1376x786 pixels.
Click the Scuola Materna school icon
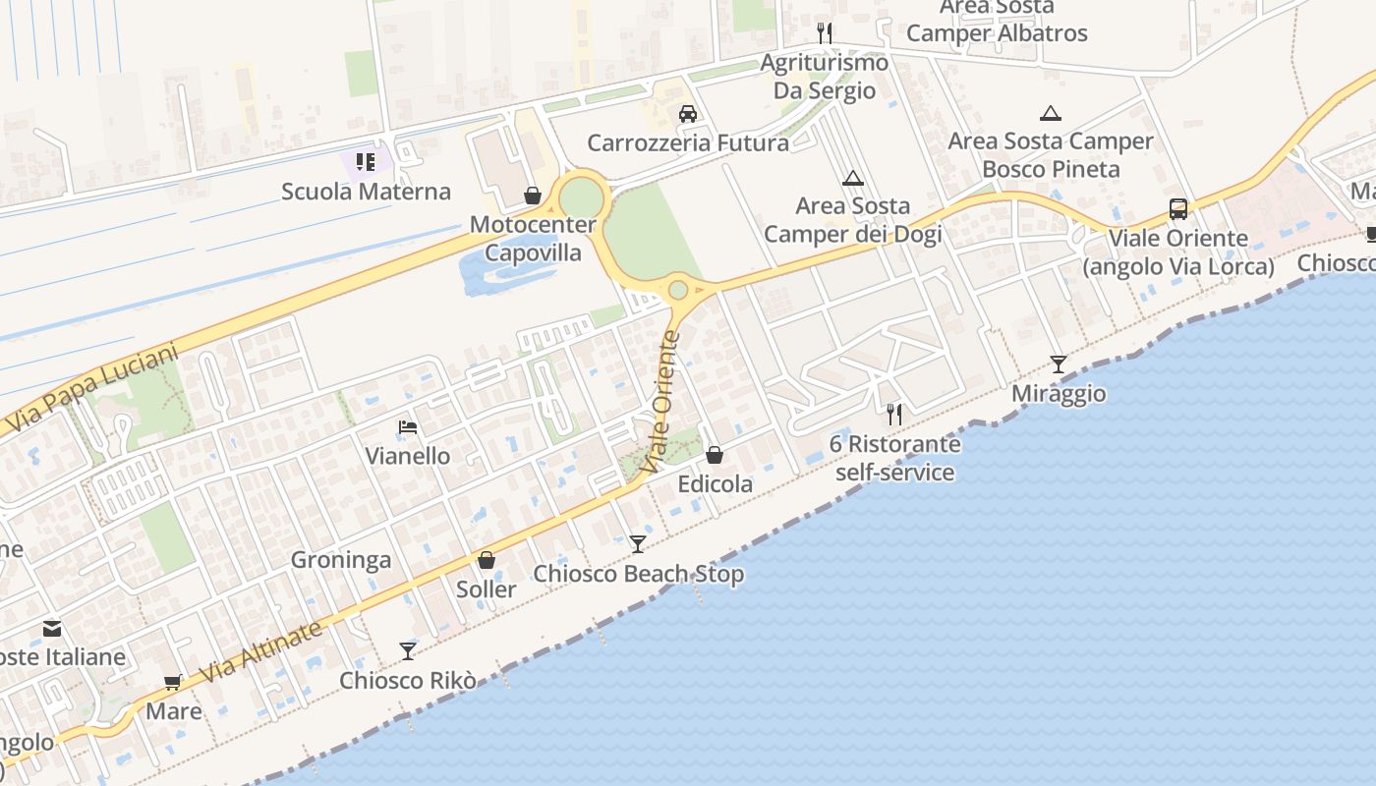[366, 161]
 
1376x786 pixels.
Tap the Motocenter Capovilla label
[533, 239]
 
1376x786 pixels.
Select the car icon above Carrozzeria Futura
[688, 114]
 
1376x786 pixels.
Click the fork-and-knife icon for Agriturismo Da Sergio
[825, 33]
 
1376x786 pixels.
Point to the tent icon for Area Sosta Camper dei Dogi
[852, 178]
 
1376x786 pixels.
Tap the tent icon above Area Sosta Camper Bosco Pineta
[1051, 113]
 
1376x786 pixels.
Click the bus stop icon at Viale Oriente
[1177, 209]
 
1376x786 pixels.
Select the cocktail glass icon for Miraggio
[1058, 365]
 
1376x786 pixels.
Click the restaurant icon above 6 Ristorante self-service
[893, 414]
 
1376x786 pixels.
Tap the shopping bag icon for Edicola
[715, 455]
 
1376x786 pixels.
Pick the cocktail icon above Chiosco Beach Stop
[638, 544]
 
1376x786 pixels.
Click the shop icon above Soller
[486, 560]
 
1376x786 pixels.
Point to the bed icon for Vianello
[408, 427]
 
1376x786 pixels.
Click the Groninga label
[341, 560]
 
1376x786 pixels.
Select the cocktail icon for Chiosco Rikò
[408, 650]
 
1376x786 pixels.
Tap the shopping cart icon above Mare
[173, 682]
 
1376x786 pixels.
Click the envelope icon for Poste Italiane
[51, 628]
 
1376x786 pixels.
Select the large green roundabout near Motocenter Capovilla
[581, 197]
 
